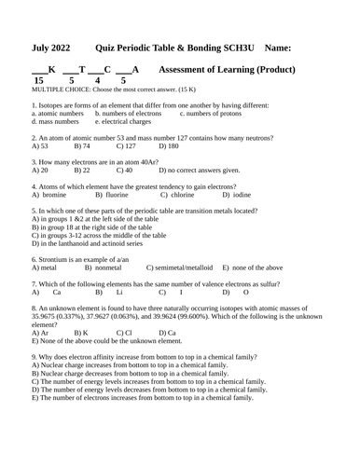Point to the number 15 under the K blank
[38, 81]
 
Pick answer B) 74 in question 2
[81, 146]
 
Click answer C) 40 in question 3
[124, 171]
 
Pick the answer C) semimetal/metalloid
[180, 268]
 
